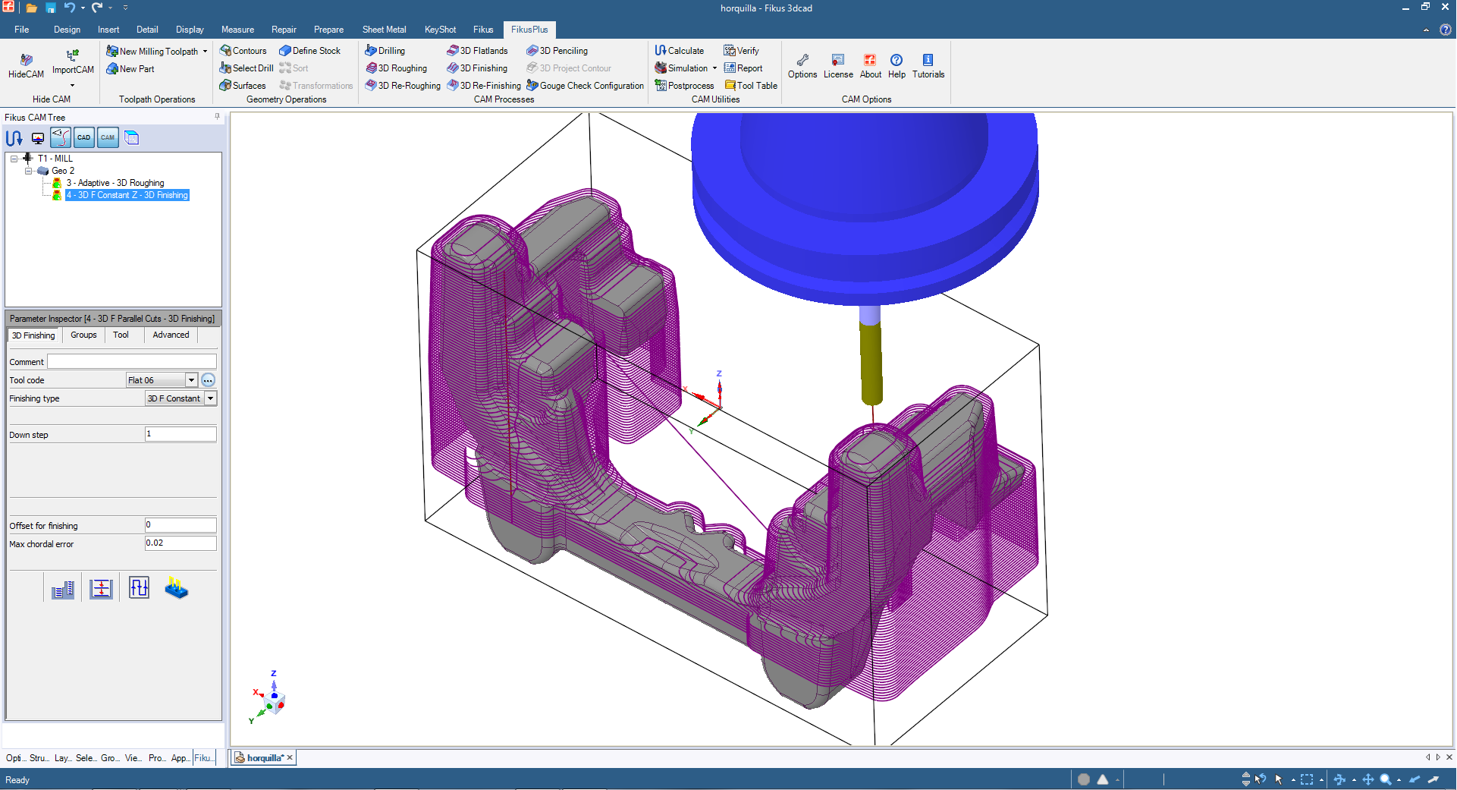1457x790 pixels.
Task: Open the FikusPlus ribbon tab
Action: [529, 30]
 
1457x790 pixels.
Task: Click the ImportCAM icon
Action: [73, 61]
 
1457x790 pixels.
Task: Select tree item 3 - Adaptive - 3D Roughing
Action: [115, 183]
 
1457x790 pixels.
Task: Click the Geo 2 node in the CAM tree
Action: [63, 171]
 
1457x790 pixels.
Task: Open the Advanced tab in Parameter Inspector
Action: [171, 335]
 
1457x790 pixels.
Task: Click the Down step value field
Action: [181, 434]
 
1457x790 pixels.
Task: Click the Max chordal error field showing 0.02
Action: [181, 543]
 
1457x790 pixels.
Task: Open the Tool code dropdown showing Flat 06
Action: [191, 380]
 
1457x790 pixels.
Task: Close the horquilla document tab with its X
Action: [290, 757]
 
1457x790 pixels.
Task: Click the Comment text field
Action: [132, 362]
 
